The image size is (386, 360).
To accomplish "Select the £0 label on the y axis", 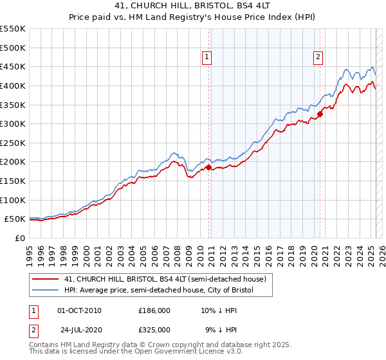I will point(19,238).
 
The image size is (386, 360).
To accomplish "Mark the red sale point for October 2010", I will point(208,167).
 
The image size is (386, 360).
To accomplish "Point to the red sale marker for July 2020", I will point(320,114).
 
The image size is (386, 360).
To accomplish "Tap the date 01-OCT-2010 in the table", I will point(79,310).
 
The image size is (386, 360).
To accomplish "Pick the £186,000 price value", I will point(154,310).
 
